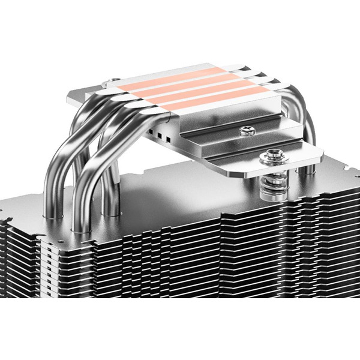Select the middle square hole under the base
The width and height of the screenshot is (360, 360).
(160, 134)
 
